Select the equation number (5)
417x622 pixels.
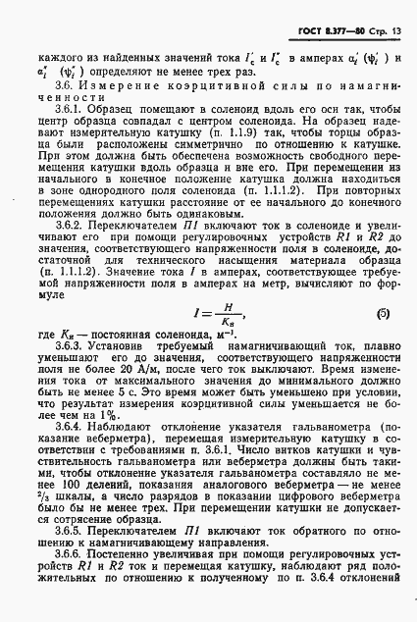point(386,342)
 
